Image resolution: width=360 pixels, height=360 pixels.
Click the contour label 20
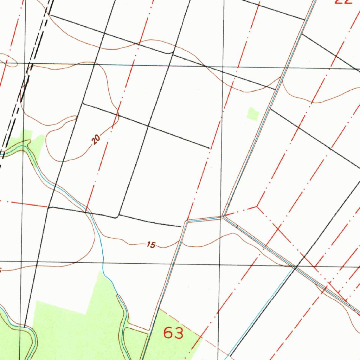(96, 140)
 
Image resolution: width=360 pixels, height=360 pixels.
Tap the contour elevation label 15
(151, 245)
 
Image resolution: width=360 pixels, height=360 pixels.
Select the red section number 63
(173, 332)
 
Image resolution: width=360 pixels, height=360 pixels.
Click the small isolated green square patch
(253, 114)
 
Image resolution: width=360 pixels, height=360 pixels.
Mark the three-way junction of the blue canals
(224, 217)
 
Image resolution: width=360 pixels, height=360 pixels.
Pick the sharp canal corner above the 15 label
(187, 222)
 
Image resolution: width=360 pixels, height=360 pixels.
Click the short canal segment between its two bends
(205, 219)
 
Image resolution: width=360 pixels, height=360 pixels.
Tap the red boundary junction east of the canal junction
(257, 207)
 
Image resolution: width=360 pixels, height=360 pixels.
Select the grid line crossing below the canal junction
(220, 264)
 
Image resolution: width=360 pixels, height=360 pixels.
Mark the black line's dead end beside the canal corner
(181, 226)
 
